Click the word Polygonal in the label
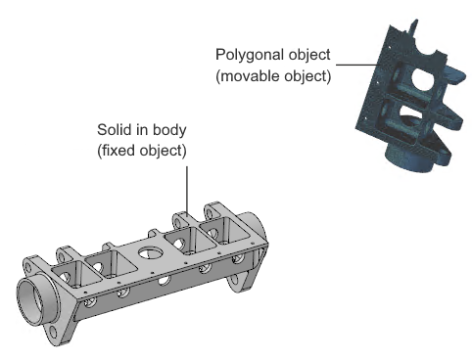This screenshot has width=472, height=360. point(248,55)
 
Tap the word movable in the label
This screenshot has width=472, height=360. point(249,76)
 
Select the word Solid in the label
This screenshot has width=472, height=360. point(112,129)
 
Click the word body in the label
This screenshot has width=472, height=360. point(169,130)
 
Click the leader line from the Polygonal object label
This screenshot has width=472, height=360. point(357,65)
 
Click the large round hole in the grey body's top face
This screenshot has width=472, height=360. point(151,252)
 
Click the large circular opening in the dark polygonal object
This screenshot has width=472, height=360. point(423,79)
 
